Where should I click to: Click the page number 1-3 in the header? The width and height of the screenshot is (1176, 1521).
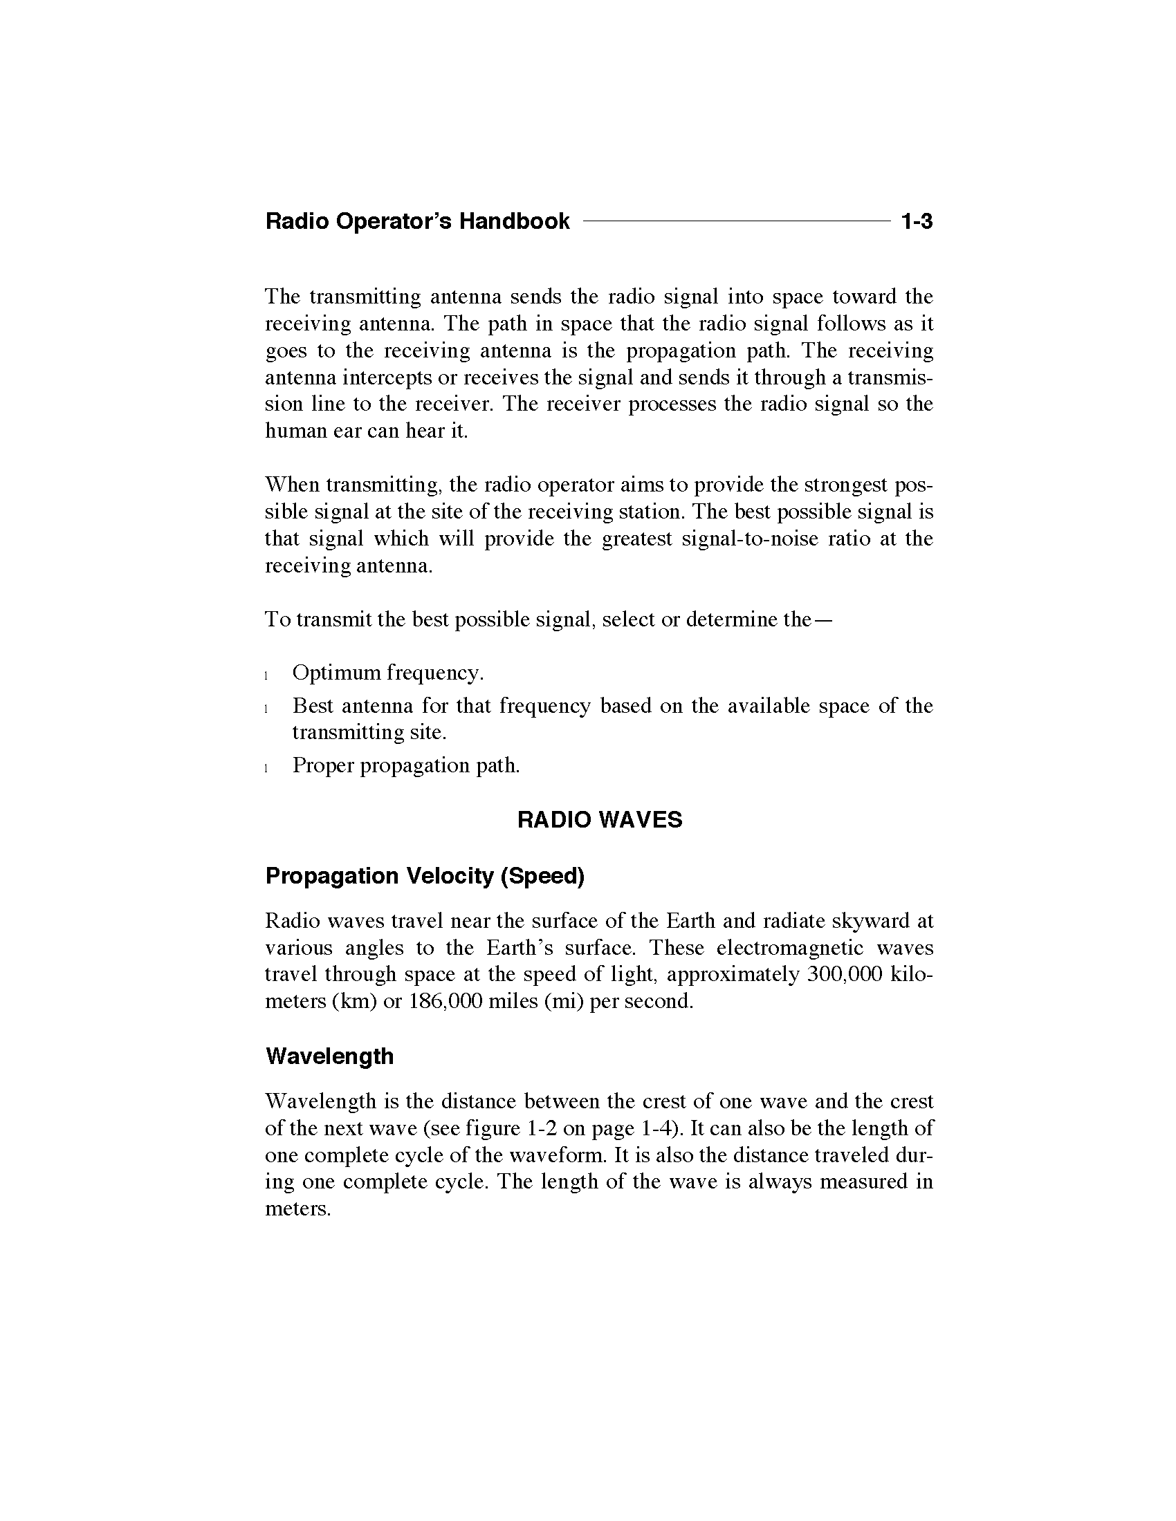916,222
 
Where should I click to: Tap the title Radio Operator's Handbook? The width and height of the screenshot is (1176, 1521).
417,222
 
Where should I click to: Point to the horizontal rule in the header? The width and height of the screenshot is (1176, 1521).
737,221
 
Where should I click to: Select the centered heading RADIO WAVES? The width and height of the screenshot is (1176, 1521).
599,820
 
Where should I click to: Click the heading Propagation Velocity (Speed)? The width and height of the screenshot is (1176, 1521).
424,876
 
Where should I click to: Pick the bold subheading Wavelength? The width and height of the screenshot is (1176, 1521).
329,1056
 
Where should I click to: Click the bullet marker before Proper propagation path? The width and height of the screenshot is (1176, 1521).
267,768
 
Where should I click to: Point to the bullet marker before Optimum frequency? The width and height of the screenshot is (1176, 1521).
267,675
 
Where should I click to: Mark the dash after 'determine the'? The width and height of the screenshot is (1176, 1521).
823,620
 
